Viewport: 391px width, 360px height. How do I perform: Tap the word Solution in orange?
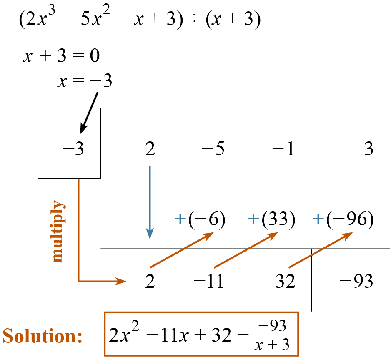point(43,336)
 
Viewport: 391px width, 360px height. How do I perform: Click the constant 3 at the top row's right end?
point(368,149)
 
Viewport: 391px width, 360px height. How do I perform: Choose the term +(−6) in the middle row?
point(200,220)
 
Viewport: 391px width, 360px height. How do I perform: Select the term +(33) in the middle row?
point(271,220)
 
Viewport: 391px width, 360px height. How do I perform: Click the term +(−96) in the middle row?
point(343,220)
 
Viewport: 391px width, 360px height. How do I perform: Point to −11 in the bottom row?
point(208,282)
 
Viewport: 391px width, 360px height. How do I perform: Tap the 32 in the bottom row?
point(285,282)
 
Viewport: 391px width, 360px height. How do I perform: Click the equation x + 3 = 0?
point(61,56)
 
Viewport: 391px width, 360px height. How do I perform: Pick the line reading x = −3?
point(85,81)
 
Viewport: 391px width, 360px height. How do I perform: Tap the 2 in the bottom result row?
point(150,282)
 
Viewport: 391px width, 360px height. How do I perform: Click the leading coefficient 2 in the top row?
point(150,149)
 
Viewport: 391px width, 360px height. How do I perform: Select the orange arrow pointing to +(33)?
point(245,250)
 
